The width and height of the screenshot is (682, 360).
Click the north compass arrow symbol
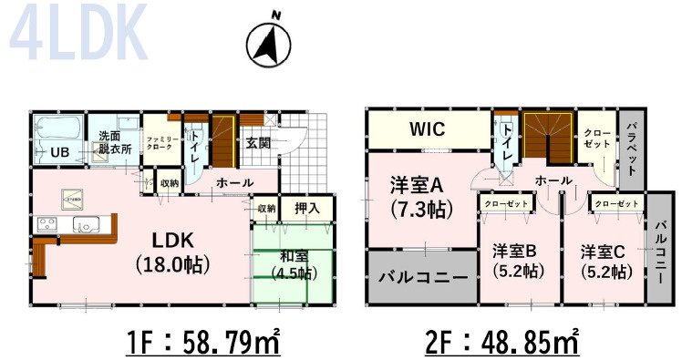pyautogui.click(x=269, y=41)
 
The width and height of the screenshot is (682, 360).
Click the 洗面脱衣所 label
pyautogui.click(x=115, y=141)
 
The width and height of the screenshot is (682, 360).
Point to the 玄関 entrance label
pyautogui.click(x=258, y=142)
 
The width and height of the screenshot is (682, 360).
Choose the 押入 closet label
pyautogui.click(x=307, y=209)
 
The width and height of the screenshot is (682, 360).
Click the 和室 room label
pyautogui.click(x=294, y=256)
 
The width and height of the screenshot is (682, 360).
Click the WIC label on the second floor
pyautogui.click(x=427, y=129)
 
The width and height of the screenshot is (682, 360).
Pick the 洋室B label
pyautogui.click(x=513, y=250)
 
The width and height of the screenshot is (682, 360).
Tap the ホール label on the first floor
pyautogui.click(x=234, y=183)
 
